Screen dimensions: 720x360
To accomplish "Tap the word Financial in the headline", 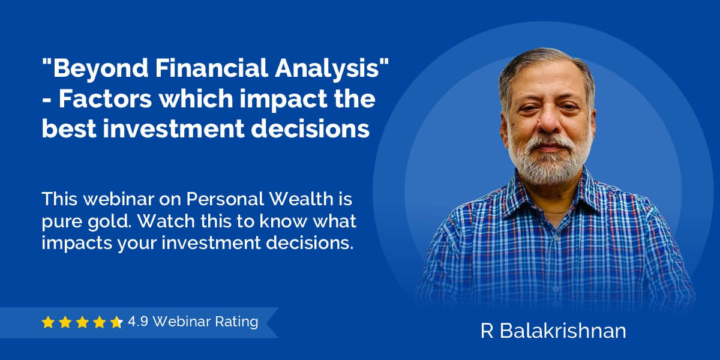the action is click(x=211, y=68).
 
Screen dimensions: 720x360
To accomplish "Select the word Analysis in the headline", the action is click(x=327, y=69).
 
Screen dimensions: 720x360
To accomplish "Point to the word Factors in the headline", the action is click(x=105, y=98).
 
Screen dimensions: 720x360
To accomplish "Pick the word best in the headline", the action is click(x=69, y=128).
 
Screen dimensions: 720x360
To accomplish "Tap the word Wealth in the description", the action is click(x=301, y=199).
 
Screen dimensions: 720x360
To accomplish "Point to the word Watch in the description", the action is click(x=166, y=221).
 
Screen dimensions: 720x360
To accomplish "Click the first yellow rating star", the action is click(x=48, y=322).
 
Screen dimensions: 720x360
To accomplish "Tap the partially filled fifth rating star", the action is click(x=116, y=322).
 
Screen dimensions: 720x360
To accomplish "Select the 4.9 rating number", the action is click(x=138, y=322).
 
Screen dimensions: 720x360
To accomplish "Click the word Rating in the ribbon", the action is click(x=236, y=322).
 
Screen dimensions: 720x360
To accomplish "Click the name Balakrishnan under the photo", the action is click(x=563, y=331).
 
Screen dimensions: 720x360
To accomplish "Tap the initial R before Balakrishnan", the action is click(x=487, y=331).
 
